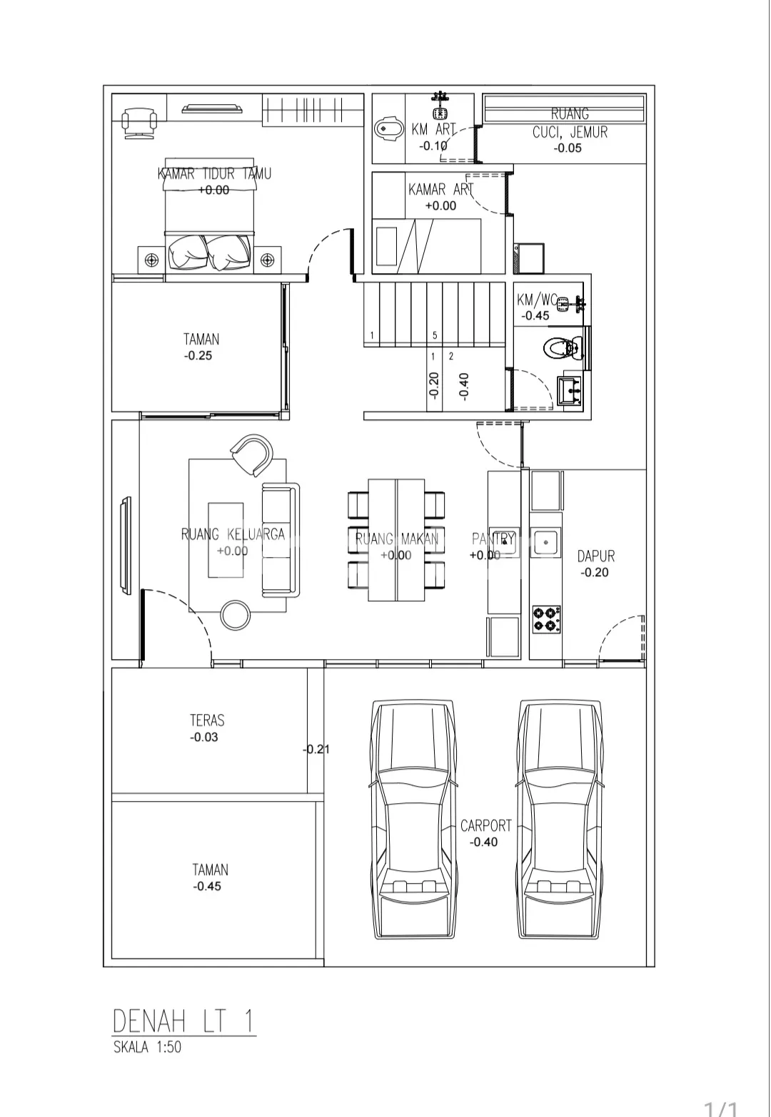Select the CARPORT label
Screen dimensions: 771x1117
(485, 826)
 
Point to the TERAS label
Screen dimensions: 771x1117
(207, 720)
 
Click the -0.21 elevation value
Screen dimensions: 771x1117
(316, 749)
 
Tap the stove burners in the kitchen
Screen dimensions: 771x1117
(546, 620)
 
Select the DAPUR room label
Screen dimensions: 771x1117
(596, 556)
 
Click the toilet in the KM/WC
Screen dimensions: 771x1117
(563, 348)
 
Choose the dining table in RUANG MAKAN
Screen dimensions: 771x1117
(396, 540)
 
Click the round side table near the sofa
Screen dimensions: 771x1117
(235, 615)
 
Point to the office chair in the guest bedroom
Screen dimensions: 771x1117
(138, 121)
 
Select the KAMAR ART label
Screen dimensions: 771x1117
(440, 190)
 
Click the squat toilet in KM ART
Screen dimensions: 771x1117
(389, 128)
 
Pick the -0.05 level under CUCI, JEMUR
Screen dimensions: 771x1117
(568, 148)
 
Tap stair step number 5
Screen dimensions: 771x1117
(435, 335)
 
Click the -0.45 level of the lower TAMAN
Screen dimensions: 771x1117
(207, 886)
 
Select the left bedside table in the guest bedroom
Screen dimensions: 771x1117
(151, 260)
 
